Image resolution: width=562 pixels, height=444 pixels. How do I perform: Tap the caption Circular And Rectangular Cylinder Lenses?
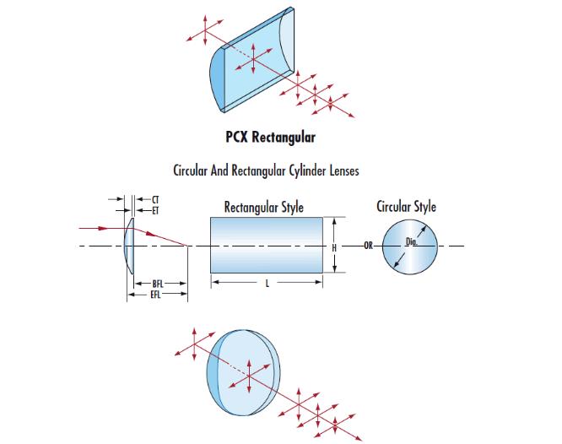[266, 171]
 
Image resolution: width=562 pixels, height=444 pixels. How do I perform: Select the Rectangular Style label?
[264, 207]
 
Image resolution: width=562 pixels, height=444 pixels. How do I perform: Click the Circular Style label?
[407, 207]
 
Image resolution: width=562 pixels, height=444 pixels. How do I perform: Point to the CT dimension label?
[155, 198]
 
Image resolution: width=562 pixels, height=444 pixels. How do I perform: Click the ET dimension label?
[155, 208]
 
